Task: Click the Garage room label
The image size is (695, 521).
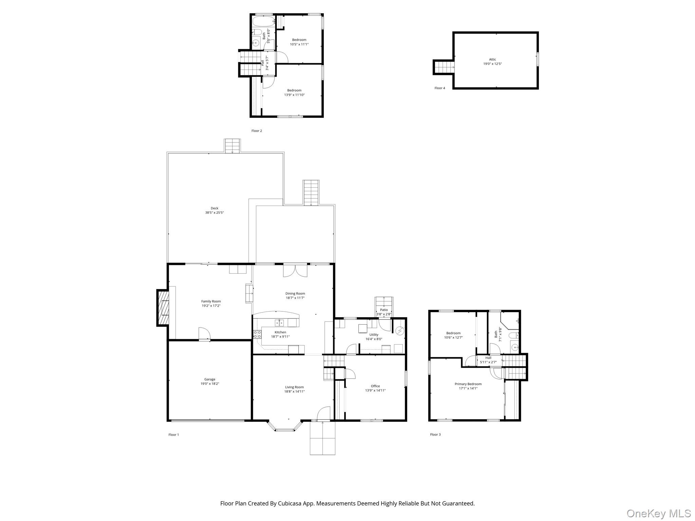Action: point(210,379)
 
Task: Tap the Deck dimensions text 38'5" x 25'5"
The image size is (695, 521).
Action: point(214,213)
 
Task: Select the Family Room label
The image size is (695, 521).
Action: point(211,301)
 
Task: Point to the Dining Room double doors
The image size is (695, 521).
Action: point(295,271)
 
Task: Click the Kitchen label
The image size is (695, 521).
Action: point(280,332)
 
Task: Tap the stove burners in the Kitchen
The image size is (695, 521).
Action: point(257,334)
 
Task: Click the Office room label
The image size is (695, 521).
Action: point(375,386)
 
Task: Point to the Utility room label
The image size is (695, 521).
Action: point(374,334)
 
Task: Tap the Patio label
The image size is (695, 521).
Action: point(384,310)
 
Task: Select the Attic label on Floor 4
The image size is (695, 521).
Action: point(492,59)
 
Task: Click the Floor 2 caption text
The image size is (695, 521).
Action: point(257,131)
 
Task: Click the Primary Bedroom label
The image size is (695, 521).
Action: point(468,384)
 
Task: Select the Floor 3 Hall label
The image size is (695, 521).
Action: point(488,358)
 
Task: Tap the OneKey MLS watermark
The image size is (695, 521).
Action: point(659,513)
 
